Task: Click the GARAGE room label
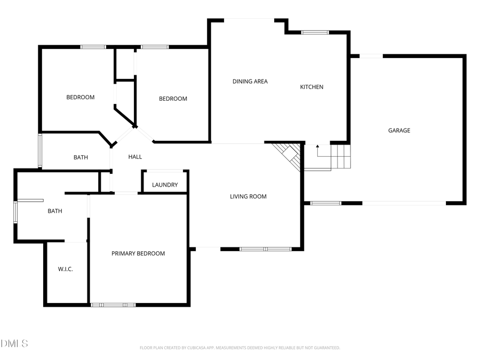(x=399, y=131)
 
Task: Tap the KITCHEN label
(x=311, y=87)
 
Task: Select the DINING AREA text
(x=250, y=82)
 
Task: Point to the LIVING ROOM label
(x=248, y=197)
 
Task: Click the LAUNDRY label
(x=165, y=185)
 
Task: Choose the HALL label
(x=135, y=157)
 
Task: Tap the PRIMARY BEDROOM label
(x=138, y=253)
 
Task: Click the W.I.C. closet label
(x=65, y=269)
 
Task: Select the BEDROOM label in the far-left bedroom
(x=81, y=97)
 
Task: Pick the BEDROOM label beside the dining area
(x=173, y=99)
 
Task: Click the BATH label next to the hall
(x=81, y=157)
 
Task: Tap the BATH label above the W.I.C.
(x=55, y=211)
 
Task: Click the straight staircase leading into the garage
(x=340, y=156)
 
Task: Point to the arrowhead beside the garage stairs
(x=317, y=146)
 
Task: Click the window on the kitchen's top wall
(x=315, y=33)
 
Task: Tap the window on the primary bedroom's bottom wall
(x=113, y=305)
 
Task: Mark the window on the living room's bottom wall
(x=265, y=249)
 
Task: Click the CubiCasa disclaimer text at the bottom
(x=239, y=348)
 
